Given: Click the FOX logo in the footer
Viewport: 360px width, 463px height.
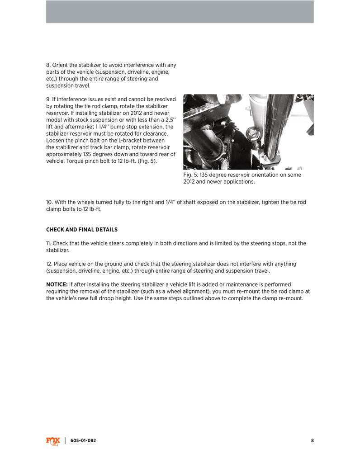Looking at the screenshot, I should [52, 441].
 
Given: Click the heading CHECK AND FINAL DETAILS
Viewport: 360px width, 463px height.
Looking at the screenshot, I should [82, 230].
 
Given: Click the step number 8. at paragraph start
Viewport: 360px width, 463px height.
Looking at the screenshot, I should [49, 65].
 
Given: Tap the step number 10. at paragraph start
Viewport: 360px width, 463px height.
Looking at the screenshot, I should [50, 202].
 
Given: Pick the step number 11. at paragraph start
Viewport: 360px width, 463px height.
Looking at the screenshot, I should [49, 243].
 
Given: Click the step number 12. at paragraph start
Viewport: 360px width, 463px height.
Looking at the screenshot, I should [50, 264].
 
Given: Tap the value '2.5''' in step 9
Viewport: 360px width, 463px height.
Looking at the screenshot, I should [170, 120].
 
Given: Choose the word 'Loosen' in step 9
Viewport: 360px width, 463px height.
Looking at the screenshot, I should [56, 141].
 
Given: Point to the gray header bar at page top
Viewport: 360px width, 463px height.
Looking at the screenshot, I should [180, 12].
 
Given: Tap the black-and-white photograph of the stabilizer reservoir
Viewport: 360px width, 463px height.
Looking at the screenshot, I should [248, 132].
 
